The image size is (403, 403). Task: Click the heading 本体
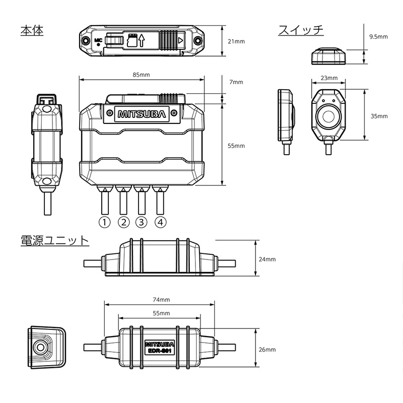pyautogui.click(x=32, y=30)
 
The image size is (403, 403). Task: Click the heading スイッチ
pyautogui.click(x=301, y=30)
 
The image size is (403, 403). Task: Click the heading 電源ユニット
pyautogui.click(x=54, y=240)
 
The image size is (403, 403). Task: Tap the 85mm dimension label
pyautogui.click(x=141, y=75)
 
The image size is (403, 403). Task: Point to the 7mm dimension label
pyautogui.click(x=235, y=82)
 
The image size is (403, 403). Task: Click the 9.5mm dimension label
pyautogui.click(x=378, y=37)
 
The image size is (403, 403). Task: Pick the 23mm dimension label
pyautogui.click(x=328, y=78)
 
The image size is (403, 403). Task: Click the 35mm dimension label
pyautogui.click(x=379, y=116)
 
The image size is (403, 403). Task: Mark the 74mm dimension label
pyautogui.click(x=161, y=299)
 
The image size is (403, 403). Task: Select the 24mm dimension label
pyautogui.click(x=267, y=259)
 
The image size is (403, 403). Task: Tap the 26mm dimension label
pyautogui.click(x=267, y=350)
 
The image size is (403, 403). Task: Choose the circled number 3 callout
pyautogui.click(x=142, y=222)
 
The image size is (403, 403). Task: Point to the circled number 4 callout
pyautogui.click(x=160, y=222)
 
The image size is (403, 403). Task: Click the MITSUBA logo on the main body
pyautogui.click(x=142, y=114)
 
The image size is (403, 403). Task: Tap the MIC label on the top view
pyautogui.click(x=99, y=38)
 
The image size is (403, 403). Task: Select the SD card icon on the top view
pyautogui.click(x=134, y=39)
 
